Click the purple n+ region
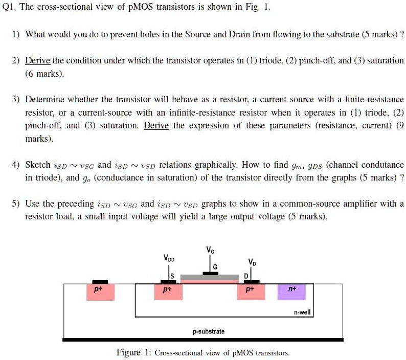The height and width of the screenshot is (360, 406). click(290, 292)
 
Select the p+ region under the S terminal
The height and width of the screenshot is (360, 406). click(166, 292)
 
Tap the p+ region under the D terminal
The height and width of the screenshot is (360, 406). click(250, 292)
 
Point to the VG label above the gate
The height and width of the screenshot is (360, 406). click(211, 250)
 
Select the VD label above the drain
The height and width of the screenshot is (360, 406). click(252, 262)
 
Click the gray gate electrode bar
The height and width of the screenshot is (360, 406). click(210, 277)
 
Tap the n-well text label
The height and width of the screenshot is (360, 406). click(302, 311)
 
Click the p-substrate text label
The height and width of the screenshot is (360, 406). click(209, 331)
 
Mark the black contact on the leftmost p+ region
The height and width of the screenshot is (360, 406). click(100, 282)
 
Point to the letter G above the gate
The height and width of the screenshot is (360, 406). click(215, 267)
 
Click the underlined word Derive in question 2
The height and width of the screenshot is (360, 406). click(37, 60)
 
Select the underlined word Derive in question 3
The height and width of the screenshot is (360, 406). click(156, 125)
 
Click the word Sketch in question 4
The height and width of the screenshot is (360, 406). click(38, 165)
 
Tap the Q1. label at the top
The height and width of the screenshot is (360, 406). click(10, 8)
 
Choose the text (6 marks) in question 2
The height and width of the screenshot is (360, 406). click(45, 74)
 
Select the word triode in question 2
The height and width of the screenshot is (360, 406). click(260, 60)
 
